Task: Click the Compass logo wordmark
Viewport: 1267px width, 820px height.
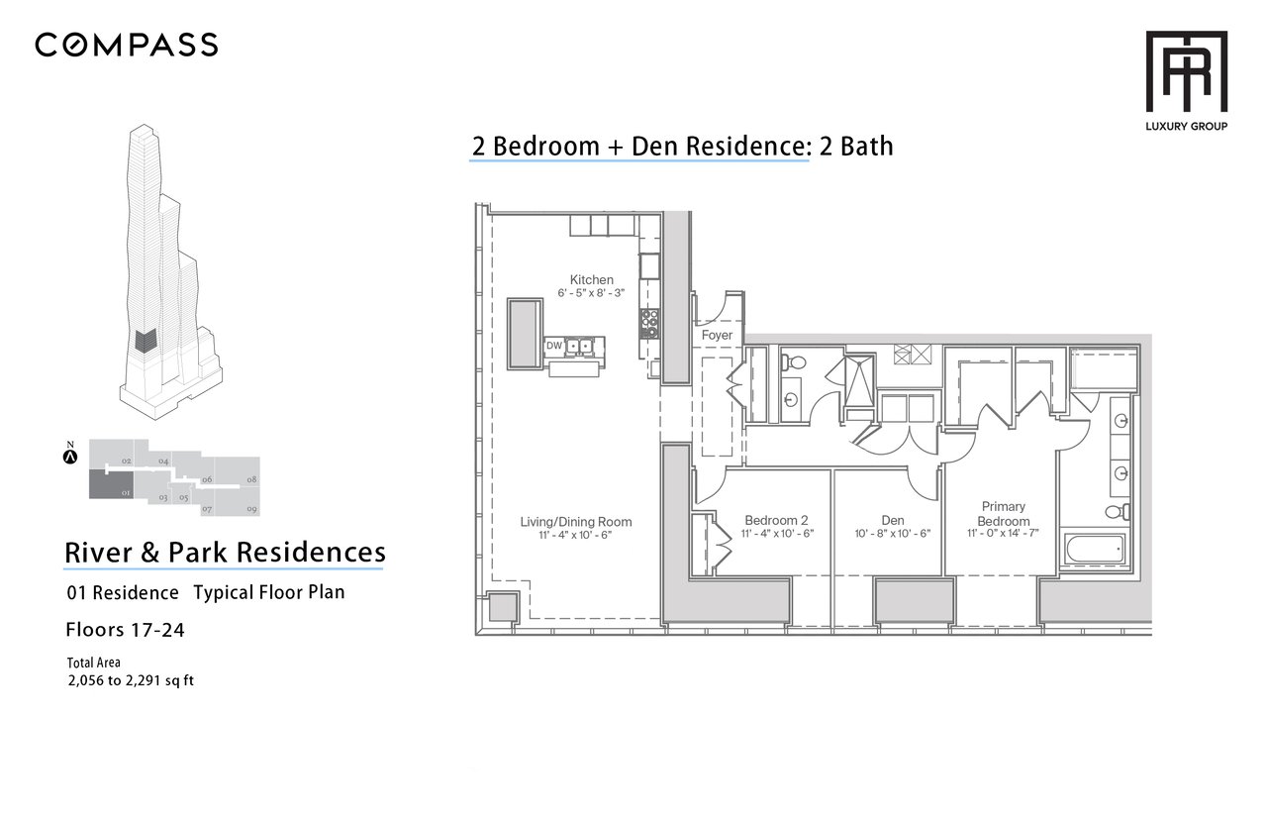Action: coord(126,45)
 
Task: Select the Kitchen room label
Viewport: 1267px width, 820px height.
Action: coord(592,279)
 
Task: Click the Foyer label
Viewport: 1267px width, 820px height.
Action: coord(717,335)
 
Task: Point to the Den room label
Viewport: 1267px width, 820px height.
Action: coord(893,520)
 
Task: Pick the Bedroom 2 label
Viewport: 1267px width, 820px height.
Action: coord(777,520)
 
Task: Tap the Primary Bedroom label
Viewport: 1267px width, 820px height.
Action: coord(1004,513)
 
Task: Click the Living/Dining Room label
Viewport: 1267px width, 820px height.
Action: coord(576,522)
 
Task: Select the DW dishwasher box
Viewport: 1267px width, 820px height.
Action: coord(554,346)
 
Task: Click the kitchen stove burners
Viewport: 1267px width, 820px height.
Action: coord(649,323)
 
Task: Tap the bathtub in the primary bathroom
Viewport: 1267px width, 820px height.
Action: coord(1095,549)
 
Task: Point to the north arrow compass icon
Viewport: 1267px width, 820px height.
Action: coord(70,457)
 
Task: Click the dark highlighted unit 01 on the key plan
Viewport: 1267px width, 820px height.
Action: coord(112,485)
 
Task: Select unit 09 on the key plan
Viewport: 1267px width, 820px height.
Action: coord(239,502)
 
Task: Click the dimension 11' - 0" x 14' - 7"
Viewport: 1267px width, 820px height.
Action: coord(1003,533)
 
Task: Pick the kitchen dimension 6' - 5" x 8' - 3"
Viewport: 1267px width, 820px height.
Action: coord(591,293)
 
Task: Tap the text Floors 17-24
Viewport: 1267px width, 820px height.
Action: coord(125,630)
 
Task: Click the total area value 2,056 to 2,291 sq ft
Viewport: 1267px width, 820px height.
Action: coord(131,680)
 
